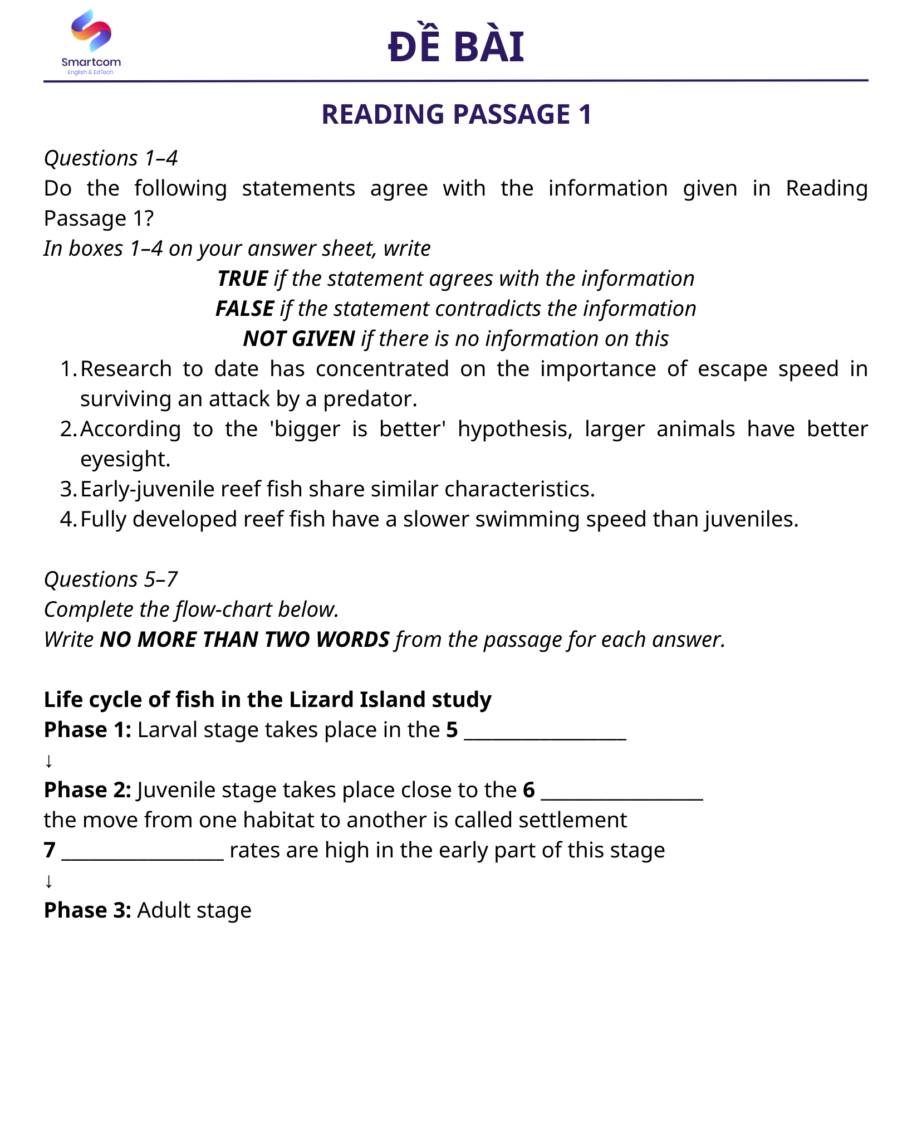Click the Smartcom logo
coord(91,42)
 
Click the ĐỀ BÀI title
coord(456,46)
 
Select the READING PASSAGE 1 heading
coord(456,114)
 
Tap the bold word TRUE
coord(243,279)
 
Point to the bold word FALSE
coord(244,309)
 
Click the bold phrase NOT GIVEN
coord(299,339)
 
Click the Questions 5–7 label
coord(111,579)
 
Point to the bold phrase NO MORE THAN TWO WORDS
coord(244,640)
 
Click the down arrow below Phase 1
coord(49,760)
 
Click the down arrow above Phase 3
coord(49,881)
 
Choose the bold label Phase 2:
coord(87,790)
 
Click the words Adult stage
coord(194,910)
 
